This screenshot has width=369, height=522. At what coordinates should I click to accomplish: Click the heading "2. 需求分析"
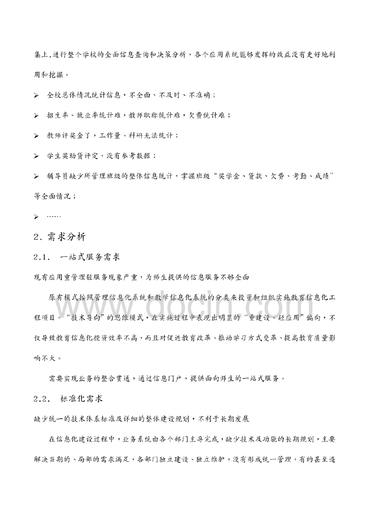[x=59, y=237]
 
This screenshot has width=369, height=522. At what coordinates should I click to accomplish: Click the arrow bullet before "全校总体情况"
[x=36, y=95]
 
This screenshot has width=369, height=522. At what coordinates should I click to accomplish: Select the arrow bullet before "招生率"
[x=36, y=116]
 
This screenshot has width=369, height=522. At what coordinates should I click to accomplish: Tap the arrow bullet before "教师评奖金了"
[x=36, y=136]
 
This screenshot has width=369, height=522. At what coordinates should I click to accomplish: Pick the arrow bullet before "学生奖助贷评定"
[x=36, y=155]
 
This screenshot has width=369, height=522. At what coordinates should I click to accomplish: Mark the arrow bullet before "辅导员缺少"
[x=36, y=176]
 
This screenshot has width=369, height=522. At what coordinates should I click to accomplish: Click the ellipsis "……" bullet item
[x=54, y=216]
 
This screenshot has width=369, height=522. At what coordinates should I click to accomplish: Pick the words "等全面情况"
[x=54, y=196]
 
